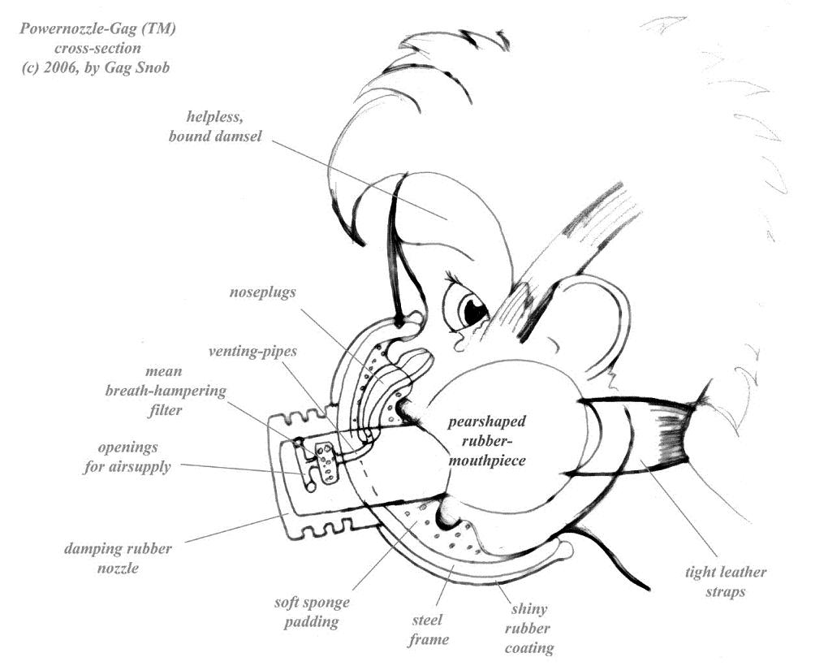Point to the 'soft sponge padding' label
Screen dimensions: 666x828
(312, 613)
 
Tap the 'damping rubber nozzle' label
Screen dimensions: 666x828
(119, 558)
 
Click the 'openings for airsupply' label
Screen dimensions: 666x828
(134, 457)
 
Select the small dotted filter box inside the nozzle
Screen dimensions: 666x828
(328, 461)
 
